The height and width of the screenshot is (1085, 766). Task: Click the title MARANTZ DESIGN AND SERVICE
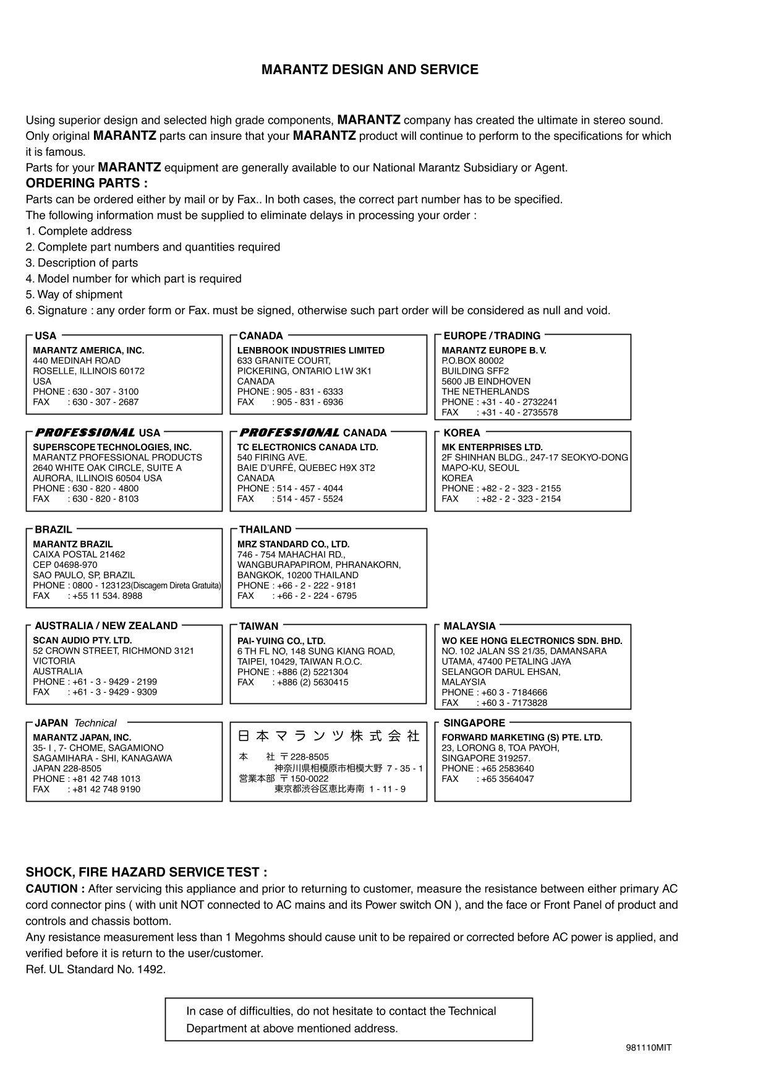(x=370, y=70)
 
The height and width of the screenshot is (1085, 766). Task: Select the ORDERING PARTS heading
(x=87, y=184)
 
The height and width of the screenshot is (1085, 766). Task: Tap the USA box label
(x=46, y=336)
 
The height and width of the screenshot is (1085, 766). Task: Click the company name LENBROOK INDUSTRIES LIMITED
(x=311, y=351)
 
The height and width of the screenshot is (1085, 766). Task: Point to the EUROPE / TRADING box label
(x=492, y=336)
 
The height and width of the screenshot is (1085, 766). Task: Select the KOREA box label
(x=462, y=433)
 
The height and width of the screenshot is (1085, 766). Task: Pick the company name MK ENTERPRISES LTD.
(x=492, y=447)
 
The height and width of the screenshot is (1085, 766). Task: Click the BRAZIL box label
(x=53, y=530)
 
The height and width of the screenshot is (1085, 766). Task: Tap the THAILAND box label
(x=265, y=530)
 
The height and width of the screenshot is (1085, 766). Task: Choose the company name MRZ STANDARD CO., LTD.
(x=294, y=544)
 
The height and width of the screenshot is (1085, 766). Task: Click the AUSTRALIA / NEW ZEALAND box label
(x=106, y=626)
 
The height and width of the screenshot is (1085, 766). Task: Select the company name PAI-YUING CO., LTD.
(x=281, y=641)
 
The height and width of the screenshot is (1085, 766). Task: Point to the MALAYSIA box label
(x=470, y=626)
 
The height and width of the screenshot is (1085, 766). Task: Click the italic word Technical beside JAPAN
(x=95, y=723)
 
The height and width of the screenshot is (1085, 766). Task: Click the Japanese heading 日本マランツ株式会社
(x=329, y=736)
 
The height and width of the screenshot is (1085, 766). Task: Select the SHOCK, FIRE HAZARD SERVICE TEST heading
(x=147, y=873)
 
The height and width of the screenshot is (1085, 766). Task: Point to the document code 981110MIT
(x=649, y=1048)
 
